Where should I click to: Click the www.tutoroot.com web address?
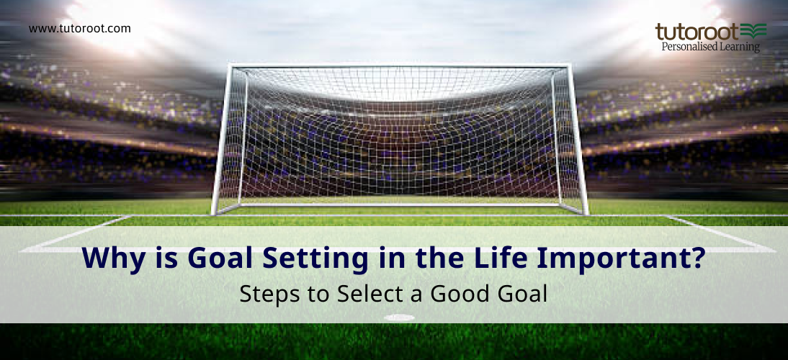(79, 29)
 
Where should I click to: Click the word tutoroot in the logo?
(696, 32)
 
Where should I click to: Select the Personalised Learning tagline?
(710, 47)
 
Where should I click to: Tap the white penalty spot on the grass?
(399, 318)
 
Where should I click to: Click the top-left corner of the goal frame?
(230, 67)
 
